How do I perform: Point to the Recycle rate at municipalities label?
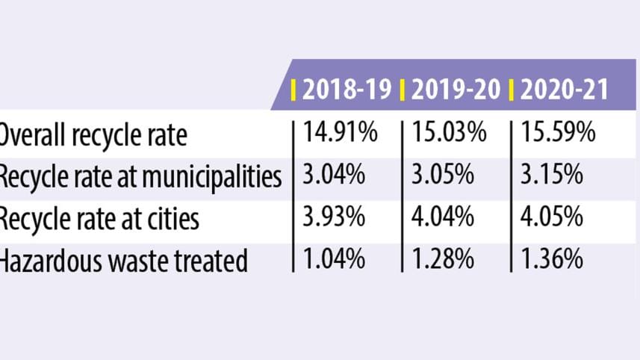point(140,178)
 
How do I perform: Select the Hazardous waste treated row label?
point(123,261)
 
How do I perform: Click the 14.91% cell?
point(341,134)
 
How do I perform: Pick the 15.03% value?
point(449,134)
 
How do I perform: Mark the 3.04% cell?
point(334,176)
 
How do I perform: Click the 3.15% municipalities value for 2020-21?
point(551,176)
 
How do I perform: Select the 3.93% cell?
point(334,219)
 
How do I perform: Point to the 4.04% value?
point(442,219)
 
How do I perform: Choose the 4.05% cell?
point(551,219)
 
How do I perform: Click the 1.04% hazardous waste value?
point(334,261)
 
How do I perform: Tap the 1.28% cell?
point(442,261)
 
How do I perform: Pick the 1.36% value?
point(551,261)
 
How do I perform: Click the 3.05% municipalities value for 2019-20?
point(442,176)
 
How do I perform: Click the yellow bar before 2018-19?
point(294,90)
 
